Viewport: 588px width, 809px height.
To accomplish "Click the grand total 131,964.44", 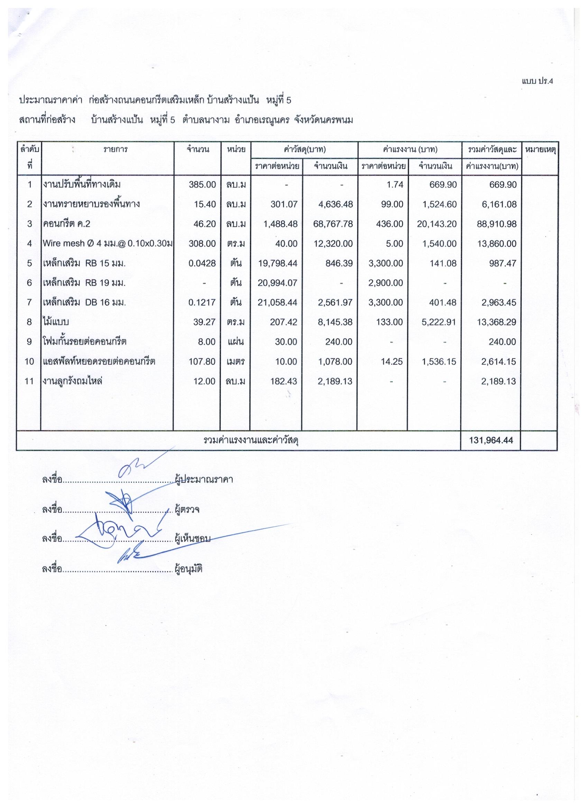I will [x=491, y=440].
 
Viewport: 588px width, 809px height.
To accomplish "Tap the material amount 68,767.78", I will [x=332, y=224].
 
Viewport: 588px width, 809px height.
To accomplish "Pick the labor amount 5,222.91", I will [x=437, y=322].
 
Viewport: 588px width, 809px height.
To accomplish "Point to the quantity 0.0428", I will [x=202, y=263].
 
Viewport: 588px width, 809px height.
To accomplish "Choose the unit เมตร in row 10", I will [x=235, y=361].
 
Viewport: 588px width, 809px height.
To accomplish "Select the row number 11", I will [x=29, y=381].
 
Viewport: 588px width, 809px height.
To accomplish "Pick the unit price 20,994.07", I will [x=277, y=283].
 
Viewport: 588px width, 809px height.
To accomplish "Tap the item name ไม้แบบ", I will [x=56, y=322].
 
